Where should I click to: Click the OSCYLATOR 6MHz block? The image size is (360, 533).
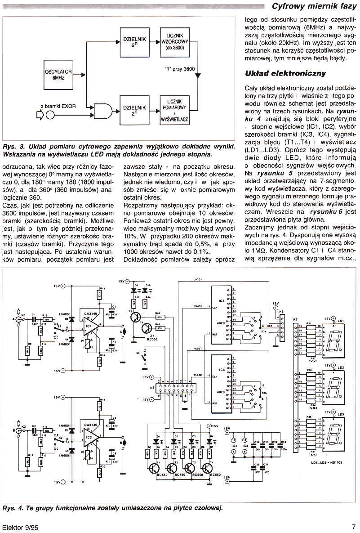point(56,74)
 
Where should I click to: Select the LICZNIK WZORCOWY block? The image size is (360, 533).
point(175,41)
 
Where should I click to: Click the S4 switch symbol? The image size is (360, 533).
point(143,359)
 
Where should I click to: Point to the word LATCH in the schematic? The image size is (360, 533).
point(198,279)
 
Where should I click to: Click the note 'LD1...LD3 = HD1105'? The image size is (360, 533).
point(326,462)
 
